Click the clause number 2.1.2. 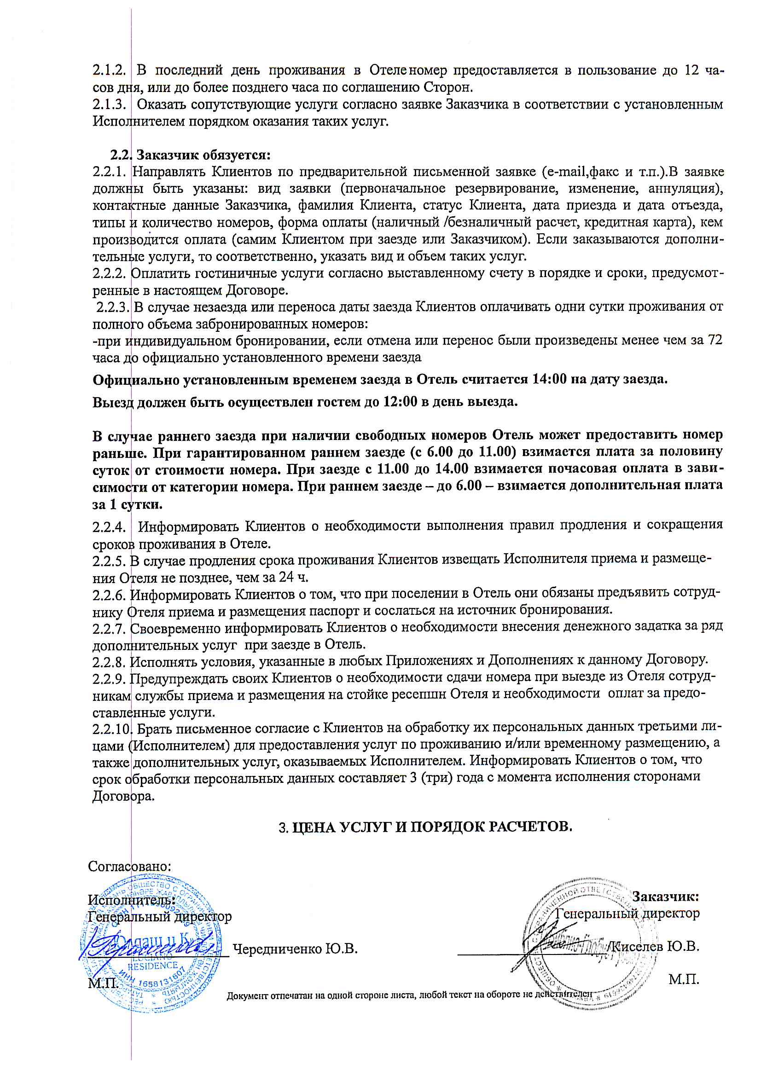109,71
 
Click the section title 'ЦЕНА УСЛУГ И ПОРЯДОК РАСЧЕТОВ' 432,827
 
